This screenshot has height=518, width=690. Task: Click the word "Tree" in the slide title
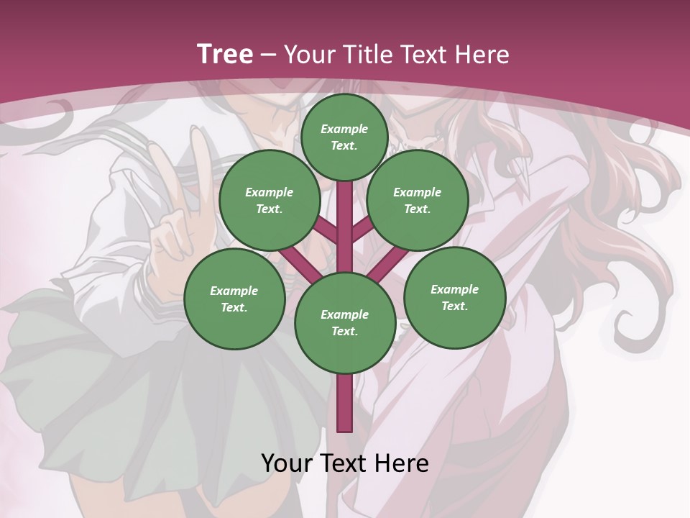[225, 54]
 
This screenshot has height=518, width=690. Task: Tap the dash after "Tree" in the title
[269, 55]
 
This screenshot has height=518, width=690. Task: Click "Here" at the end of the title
[482, 55]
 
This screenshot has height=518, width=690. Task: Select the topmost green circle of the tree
[344, 137]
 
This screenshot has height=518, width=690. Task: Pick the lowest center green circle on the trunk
[345, 323]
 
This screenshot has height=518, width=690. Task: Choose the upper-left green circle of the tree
[270, 200]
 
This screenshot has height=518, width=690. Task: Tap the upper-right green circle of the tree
[418, 200]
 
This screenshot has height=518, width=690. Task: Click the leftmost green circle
[234, 299]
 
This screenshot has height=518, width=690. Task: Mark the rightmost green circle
[454, 297]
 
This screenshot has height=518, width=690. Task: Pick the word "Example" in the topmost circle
[344, 129]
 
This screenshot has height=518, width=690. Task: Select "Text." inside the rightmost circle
[454, 306]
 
